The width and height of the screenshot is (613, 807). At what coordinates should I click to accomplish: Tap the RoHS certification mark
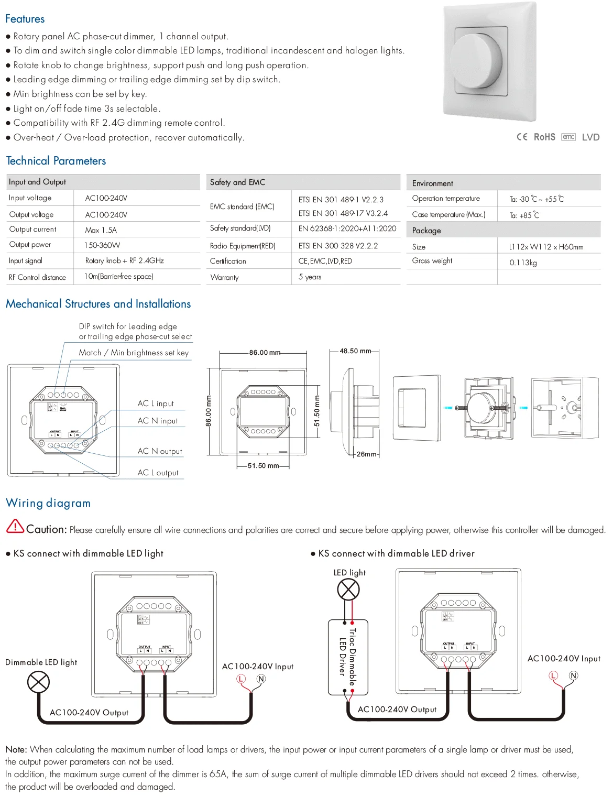[544, 137]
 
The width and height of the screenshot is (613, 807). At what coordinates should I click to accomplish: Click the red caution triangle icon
[15, 526]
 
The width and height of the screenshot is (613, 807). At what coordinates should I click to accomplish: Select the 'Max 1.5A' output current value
[101, 230]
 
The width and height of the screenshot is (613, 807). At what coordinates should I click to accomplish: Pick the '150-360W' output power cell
[102, 245]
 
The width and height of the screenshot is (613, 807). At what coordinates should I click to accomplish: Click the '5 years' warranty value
[310, 277]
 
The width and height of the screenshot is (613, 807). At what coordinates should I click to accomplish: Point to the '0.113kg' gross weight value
[523, 263]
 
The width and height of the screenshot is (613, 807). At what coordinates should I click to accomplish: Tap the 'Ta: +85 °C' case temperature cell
[524, 215]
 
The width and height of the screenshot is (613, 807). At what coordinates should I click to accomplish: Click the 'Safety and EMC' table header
[237, 182]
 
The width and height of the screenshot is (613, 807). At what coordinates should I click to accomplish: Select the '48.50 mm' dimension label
[355, 351]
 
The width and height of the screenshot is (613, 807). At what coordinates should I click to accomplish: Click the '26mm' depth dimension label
[366, 454]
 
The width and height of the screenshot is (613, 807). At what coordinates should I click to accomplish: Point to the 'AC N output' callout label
[160, 451]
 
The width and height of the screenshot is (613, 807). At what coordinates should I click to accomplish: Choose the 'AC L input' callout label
[156, 403]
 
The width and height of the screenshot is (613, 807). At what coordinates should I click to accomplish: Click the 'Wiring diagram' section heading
[48, 503]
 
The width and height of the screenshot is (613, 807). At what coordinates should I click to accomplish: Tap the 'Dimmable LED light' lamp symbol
[38, 682]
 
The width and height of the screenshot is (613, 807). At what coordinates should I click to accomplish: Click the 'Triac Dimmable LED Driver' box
[348, 657]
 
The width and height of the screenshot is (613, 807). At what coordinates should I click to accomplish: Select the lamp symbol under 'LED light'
[348, 590]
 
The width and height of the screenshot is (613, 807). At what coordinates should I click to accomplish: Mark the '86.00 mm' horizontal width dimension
[265, 353]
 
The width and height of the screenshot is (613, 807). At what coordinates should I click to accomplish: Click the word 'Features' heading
[25, 19]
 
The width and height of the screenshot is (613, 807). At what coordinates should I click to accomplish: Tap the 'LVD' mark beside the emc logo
[590, 137]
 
